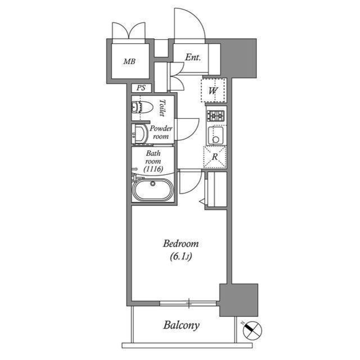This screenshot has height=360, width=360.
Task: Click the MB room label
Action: pos(129,61)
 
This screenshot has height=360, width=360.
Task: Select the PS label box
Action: pos(141,88)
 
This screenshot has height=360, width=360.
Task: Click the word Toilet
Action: pos(162,107)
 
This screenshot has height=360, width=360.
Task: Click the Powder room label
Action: pos(161,132)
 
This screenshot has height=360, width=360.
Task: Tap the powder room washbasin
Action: pos(138,133)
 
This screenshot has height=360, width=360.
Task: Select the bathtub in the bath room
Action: pos(152,190)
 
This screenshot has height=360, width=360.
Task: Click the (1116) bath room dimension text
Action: pos(153,168)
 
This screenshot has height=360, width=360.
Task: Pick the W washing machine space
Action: pos(214,90)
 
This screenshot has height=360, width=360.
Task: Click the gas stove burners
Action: pos(215,116)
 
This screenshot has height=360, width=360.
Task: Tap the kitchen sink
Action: pos(215,135)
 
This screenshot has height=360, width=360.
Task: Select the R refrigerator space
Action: pos(214,157)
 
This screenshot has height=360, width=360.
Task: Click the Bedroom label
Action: pos(181,244)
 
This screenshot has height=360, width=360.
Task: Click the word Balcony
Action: pos(182,325)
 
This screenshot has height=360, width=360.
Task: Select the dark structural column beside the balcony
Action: pos(238,299)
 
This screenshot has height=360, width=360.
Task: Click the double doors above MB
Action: pos(129,30)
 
